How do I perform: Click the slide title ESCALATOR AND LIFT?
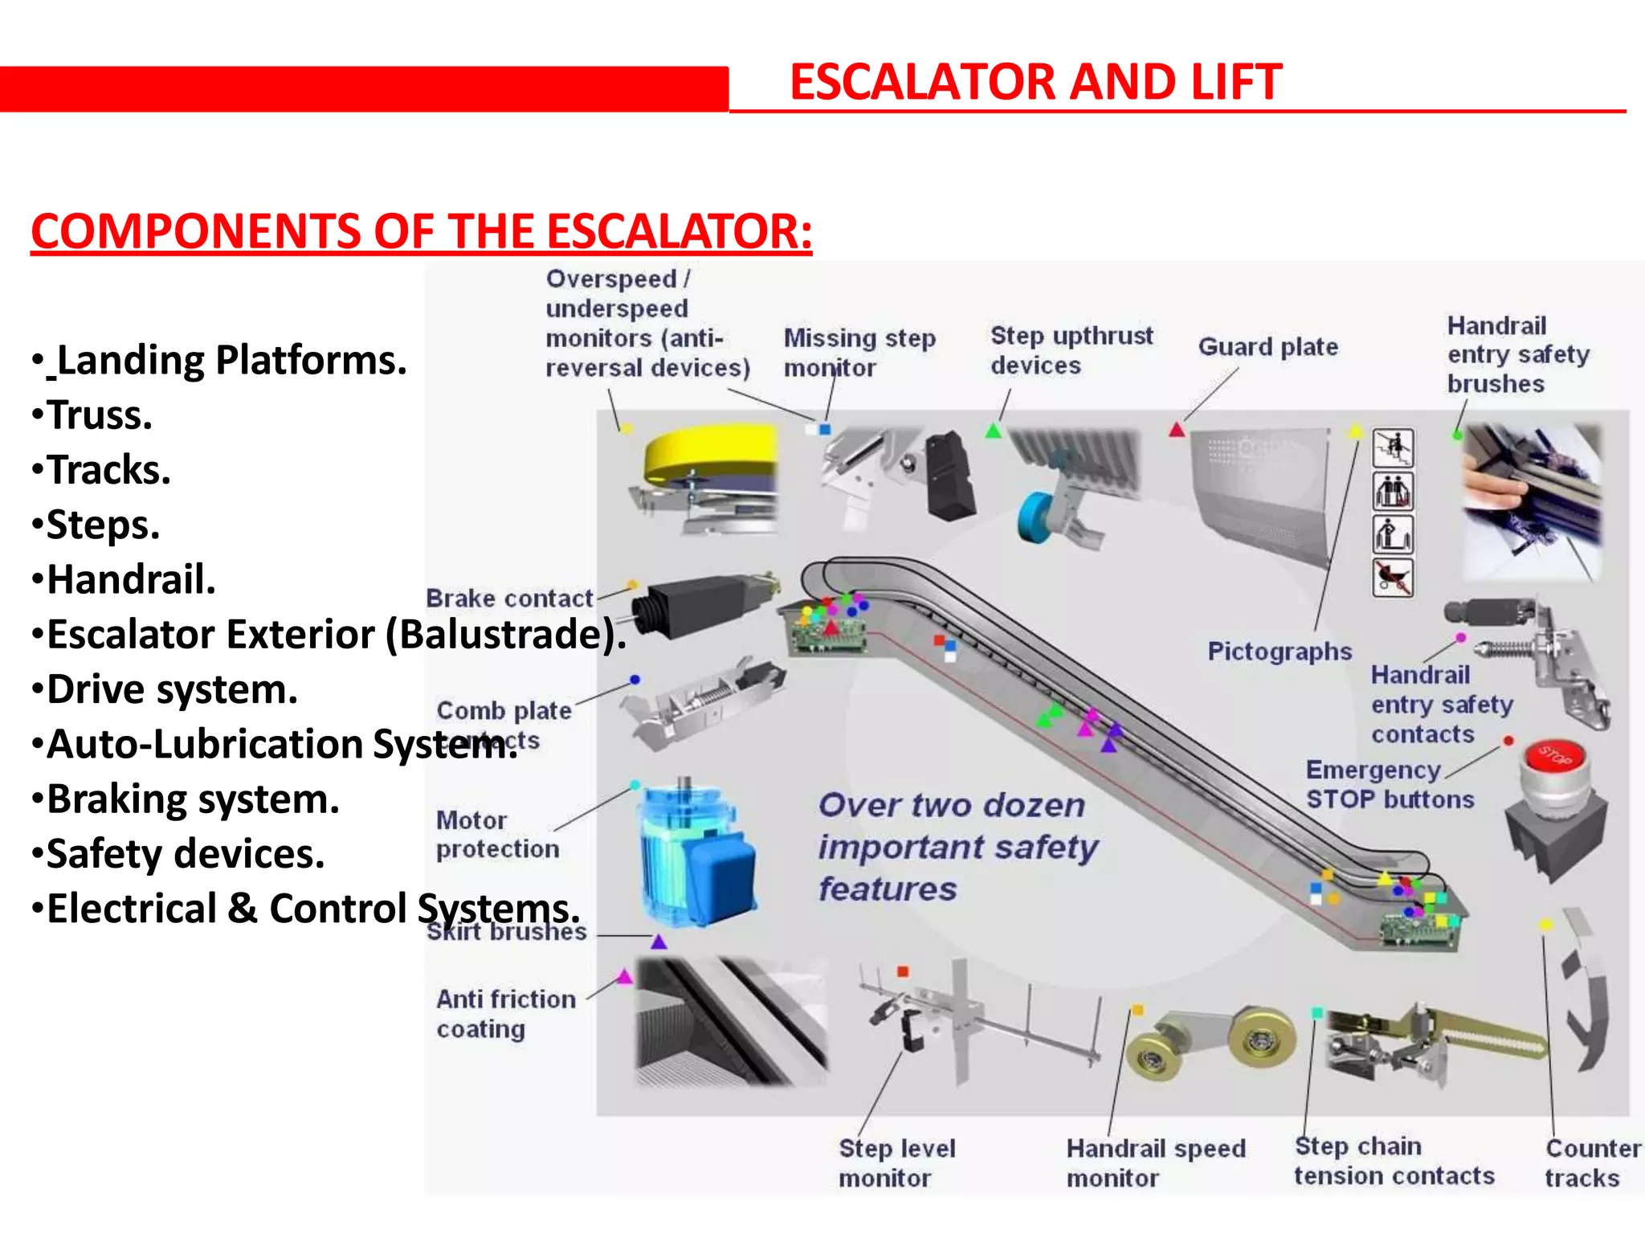pyautogui.click(x=1035, y=82)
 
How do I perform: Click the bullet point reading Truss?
pyautogui.click(x=98, y=415)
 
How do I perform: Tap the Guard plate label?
pyautogui.click(x=1267, y=347)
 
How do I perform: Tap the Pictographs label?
pyautogui.click(x=1280, y=651)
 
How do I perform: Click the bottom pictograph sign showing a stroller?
pyautogui.click(x=1393, y=577)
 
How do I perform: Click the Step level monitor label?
pyautogui.click(x=896, y=1162)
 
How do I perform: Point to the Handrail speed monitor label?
pyautogui.click(x=1155, y=1162)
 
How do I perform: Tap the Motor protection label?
pyautogui.click(x=497, y=835)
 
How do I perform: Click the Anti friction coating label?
pyautogui.click(x=505, y=1013)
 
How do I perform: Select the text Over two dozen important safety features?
pyautogui.click(x=957, y=847)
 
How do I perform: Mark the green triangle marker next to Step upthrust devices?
pyautogui.click(x=994, y=431)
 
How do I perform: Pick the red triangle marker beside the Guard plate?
pyautogui.click(x=1177, y=430)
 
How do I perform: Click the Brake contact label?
pyautogui.click(x=508, y=599)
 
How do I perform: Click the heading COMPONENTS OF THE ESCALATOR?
pyautogui.click(x=421, y=231)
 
